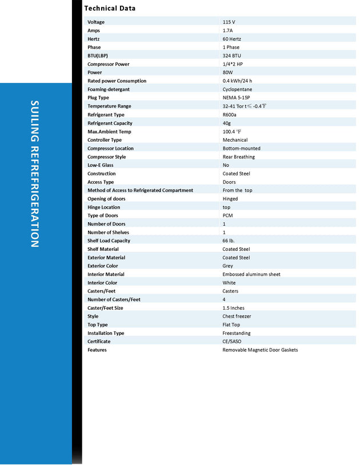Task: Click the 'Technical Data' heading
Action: pyautogui.click(x=110, y=9)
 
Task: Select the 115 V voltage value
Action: pyautogui.click(x=229, y=22)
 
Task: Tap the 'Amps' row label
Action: pyautogui.click(x=93, y=30)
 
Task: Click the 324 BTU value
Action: pyautogui.click(x=231, y=55)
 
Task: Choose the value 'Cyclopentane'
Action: pyautogui.click(x=237, y=89)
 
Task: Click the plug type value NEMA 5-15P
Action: pyautogui.click(x=236, y=98)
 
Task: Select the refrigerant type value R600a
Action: pyautogui.click(x=230, y=115)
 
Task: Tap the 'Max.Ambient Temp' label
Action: pyautogui.click(x=109, y=131)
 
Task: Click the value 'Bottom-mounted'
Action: pyautogui.click(x=241, y=149)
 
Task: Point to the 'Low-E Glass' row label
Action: pyautogui.click(x=101, y=165)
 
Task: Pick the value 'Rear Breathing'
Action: pyautogui.click(x=239, y=157)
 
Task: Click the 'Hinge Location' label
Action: pyautogui.click(x=103, y=207)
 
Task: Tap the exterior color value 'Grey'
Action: pyautogui.click(x=227, y=266)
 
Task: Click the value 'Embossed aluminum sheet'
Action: pyautogui.click(x=251, y=274)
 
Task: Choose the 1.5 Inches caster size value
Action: pyautogui.click(x=233, y=308)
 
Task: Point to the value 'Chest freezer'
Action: pyautogui.click(x=237, y=316)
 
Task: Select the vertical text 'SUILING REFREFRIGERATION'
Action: pyautogui.click(x=35, y=174)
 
